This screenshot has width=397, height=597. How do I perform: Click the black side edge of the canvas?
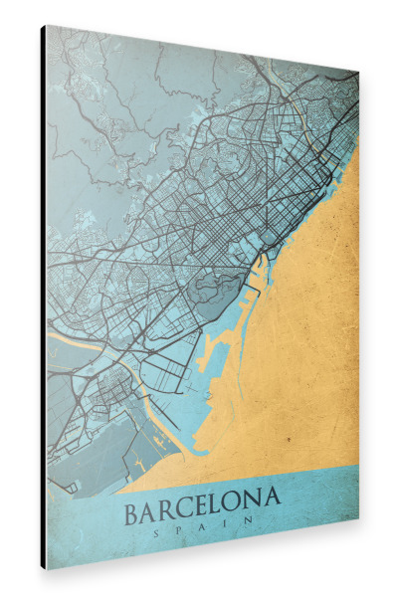point(43,298)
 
